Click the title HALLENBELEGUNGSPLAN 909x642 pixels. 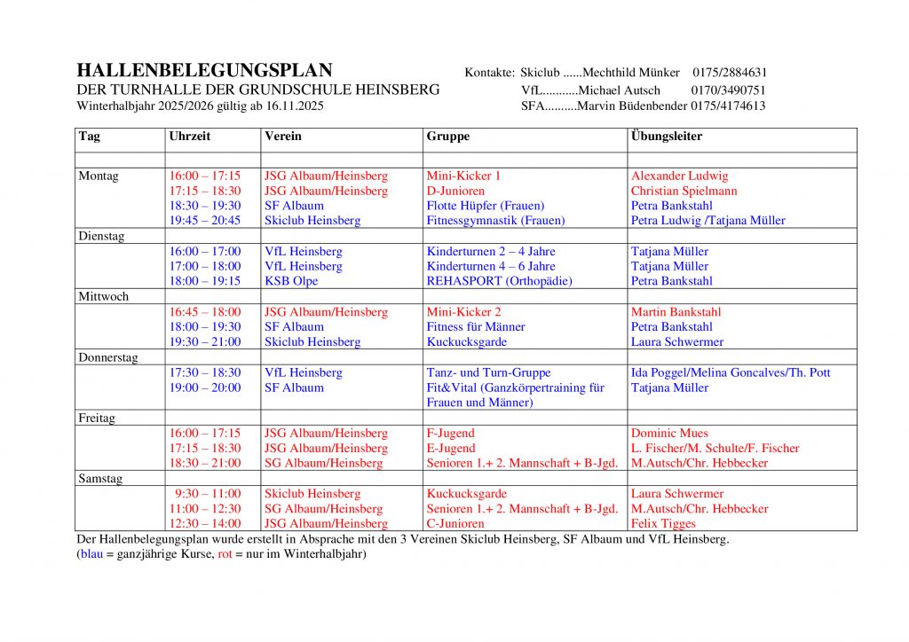(x=204, y=71)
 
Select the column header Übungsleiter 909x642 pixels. (x=667, y=137)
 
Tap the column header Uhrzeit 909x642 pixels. (x=190, y=137)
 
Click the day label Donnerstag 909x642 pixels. (x=108, y=357)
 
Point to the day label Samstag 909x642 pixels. (x=100, y=479)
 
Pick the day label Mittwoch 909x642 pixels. (x=104, y=297)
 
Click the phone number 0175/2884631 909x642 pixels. (x=730, y=73)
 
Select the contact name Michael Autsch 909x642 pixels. (x=619, y=90)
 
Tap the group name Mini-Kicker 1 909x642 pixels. (x=463, y=176)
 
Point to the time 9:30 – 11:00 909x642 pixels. (x=208, y=494)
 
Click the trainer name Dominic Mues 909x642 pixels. (x=669, y=434)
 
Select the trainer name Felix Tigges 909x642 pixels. (x=664, y=524)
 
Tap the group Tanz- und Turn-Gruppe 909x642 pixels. (x=488, y=372)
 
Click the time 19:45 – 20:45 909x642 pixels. (x=205, y=221)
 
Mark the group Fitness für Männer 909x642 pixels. (x=476, y=327)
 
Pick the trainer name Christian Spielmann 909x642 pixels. (x=684, y=191)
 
